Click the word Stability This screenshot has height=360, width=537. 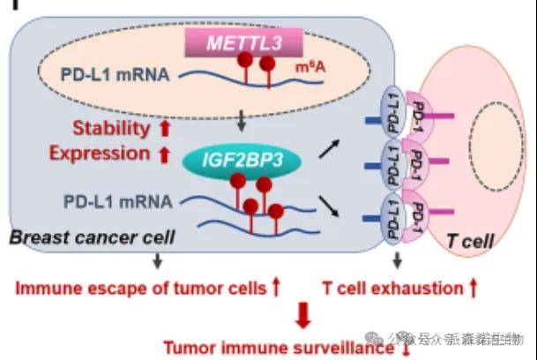(x=111, y=129)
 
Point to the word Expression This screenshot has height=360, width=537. (x=100, y=154)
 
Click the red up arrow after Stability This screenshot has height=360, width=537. (x=163, y=129)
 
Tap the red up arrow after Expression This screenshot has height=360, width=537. (x=163, y=154)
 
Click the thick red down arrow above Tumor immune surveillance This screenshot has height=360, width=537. (x=302, y=315)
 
